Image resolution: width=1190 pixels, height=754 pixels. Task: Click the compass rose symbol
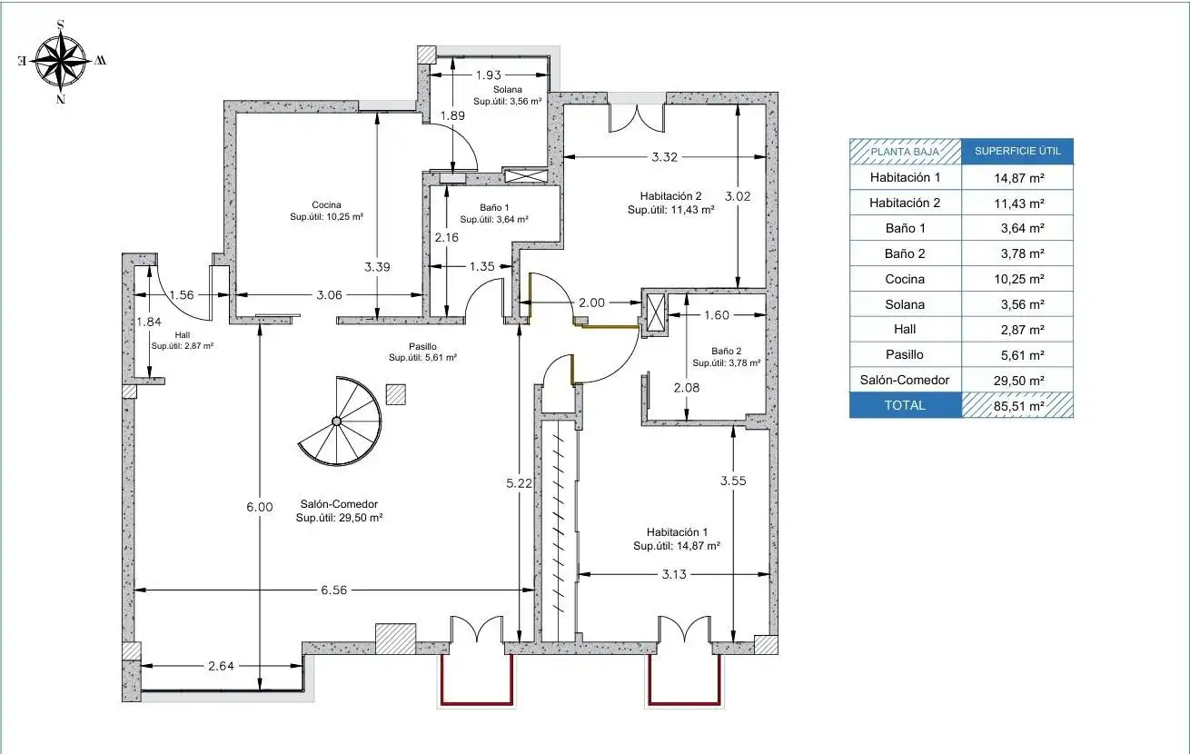coord(61,61)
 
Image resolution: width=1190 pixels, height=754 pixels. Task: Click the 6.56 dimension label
coord(333,590)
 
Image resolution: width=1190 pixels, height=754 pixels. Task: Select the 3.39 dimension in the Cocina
coord(377,267)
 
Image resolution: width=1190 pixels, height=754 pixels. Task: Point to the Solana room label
coord(508,89)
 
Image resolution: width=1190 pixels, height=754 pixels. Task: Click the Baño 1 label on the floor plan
coord(494,207)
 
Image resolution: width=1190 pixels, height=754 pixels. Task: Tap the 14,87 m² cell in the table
coord(1017,178)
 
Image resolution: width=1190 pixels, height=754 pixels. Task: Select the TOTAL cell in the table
coord(906,405)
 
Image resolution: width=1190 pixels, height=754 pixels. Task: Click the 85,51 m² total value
coord(1018,406)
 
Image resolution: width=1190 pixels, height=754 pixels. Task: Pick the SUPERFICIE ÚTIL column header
coord(1017,151)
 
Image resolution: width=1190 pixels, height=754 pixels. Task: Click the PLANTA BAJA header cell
coord(906,152)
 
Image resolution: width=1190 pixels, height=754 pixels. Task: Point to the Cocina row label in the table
coord(905,279)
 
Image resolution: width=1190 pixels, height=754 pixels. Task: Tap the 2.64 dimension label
coord(221,666)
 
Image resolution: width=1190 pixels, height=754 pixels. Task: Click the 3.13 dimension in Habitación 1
coord(674,574)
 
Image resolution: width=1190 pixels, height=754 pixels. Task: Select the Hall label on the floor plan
coord(183,334)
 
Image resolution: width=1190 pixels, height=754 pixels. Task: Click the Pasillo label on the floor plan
coord(423,346)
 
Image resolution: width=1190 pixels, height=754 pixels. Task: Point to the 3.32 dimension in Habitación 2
coord(665,157)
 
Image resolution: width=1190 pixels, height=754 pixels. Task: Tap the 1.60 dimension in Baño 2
coord(717,315)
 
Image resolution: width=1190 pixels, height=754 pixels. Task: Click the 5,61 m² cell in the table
coord(1017,355)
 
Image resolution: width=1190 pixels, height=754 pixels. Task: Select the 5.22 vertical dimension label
coord(519,483)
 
